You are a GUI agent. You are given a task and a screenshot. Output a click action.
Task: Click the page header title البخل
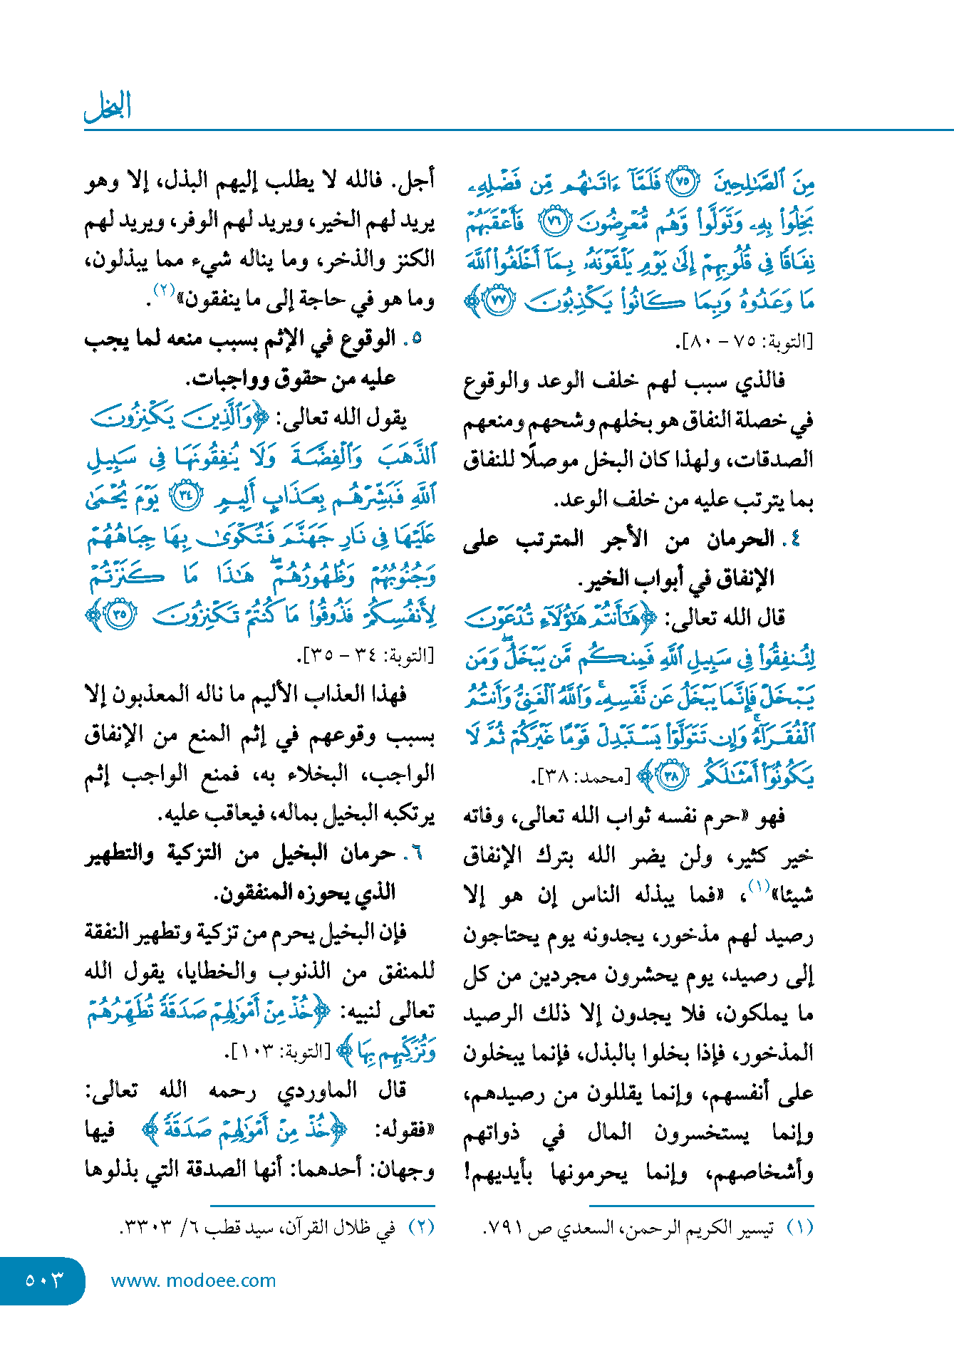click(x=108, y=107)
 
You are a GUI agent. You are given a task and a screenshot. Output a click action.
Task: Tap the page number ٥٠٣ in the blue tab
click(x=44, y=1280)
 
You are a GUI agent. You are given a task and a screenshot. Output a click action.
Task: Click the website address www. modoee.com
click(x=193, y=1280)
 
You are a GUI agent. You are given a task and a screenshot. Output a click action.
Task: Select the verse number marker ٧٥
click(x=683, y=182)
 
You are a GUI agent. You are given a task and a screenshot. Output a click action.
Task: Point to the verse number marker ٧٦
click(x=554, y=221)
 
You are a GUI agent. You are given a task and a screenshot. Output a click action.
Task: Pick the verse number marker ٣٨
click(x=670, y=775)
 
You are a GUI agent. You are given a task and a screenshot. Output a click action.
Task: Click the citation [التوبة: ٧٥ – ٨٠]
click(x=746, y=341)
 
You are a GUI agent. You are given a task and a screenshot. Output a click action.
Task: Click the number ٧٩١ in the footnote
click(x=505, y=1229)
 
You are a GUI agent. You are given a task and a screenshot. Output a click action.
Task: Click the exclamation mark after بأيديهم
click(x=468, y=1172)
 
